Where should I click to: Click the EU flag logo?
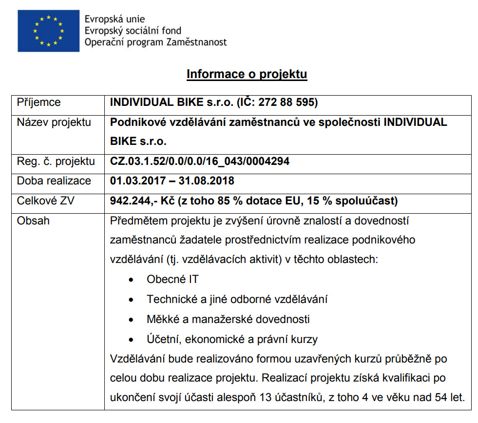(48, 30)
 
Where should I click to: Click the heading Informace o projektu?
(247, 74)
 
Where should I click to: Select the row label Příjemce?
(39, 102)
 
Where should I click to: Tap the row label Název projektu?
(54, 122)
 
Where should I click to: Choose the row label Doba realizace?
(54, 181)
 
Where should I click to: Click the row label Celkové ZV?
(46, 201)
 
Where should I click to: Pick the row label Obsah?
(33, 221)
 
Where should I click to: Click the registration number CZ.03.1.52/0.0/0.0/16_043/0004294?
(200, 161)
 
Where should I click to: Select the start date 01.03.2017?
(138, 181)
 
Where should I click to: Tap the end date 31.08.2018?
(207, 181)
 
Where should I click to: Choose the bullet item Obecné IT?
(172, 280)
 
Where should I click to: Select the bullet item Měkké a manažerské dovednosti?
(228, 319)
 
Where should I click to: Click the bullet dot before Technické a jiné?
(131, 300)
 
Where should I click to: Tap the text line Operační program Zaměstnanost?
(155, 42)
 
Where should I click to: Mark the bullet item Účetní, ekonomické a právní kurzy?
(232, 339)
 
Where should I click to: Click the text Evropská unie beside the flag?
(115, 20)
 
